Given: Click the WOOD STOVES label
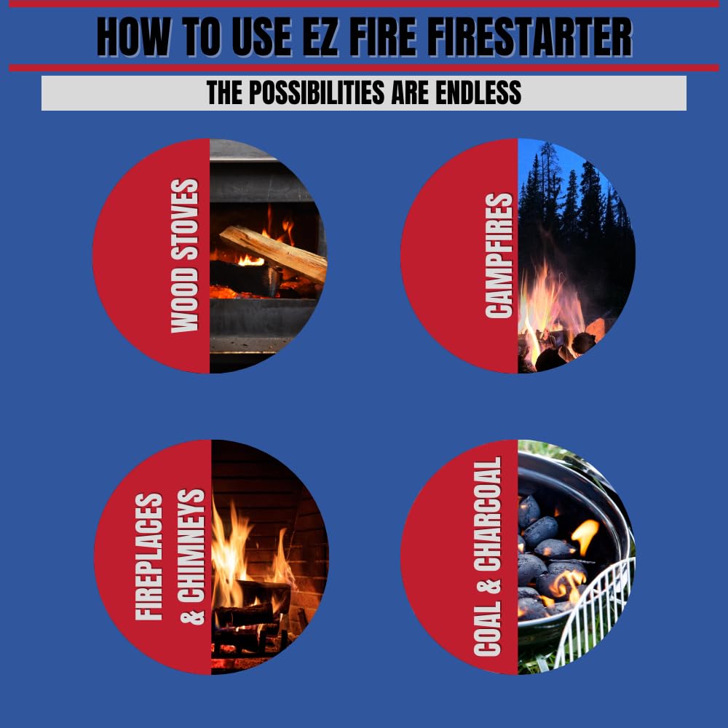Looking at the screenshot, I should (185, 256).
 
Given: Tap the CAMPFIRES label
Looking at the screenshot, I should (499, 256).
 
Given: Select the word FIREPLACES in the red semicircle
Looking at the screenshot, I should (149, 557).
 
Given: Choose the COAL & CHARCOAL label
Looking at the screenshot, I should (488, 557).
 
